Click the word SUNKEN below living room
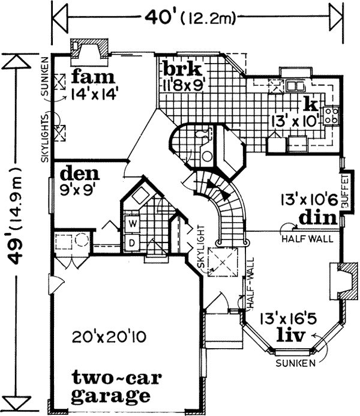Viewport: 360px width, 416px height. click(x=294, y=364)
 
